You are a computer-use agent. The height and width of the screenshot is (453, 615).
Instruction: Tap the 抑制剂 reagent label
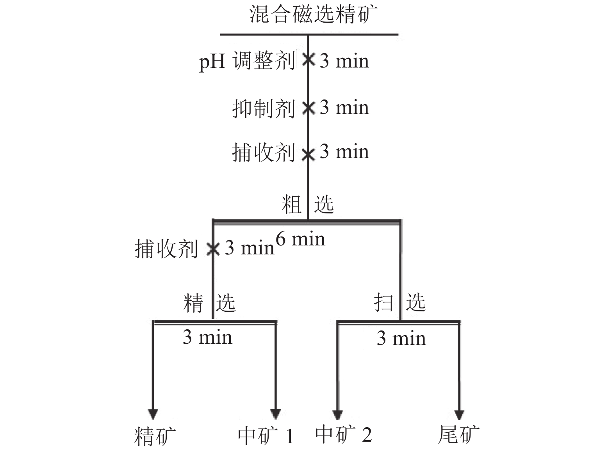pyautogui.click(x=264, y=108)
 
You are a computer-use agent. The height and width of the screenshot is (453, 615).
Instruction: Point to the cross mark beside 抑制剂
pyautogui.click(x=308, y=108)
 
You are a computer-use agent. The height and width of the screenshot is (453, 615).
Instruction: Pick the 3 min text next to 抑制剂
pyautogui.click(x=344, y=108)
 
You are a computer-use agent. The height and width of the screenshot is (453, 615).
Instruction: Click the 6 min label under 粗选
pyautogui.click(x=300, y=239)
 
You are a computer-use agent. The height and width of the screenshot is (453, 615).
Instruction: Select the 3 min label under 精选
pyautogui.click(x=208, y=337)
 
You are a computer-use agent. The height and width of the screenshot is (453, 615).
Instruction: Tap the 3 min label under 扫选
pyautogui.click(x=401, y=338)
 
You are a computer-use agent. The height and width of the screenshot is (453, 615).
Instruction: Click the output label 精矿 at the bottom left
pyautogui.click(x=155, y=436)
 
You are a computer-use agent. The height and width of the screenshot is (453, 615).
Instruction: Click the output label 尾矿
pyautogui.click(x=459, y=435)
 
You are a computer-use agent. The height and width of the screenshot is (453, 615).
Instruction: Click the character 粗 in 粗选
pyautogui.click(x=292, y=204)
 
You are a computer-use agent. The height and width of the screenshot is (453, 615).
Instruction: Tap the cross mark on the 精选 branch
pyautogui.click(x=213, y=249)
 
